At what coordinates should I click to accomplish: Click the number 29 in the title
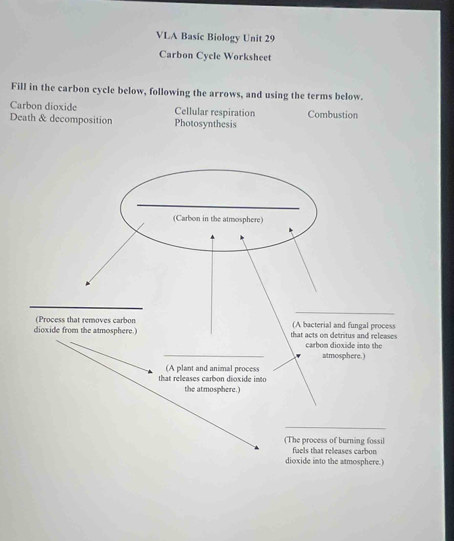coord(269,38)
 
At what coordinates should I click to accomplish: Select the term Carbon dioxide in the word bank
coord(43,106)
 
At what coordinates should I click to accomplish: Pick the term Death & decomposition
coord(61,119)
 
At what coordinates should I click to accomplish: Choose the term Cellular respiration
coord(215,112)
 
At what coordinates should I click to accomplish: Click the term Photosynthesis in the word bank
coord(206,124)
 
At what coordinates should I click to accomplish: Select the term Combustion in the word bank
coord(332,114)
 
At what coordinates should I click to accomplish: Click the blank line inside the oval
coord(218,207)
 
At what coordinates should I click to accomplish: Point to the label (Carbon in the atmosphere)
coord(218,219)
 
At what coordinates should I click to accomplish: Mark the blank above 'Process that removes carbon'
coord(86,307)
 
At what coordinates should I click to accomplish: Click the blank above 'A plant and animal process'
coord(214,356)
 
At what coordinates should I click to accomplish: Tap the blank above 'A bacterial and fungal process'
coord(344,313)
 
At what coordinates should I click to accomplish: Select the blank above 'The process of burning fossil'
coord(335,428)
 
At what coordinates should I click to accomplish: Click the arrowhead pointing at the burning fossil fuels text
coord(257,448)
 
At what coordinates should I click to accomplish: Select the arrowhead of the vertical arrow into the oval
coord(213,237)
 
